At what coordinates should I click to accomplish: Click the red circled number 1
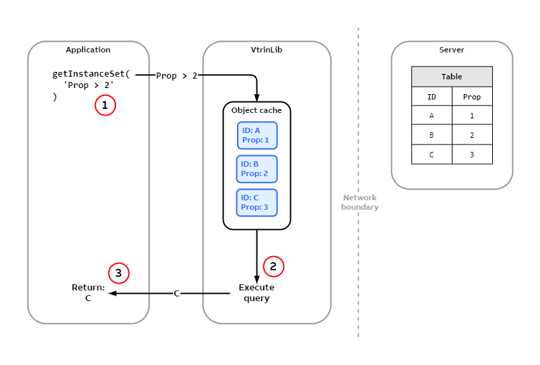(105, 106)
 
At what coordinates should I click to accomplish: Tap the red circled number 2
(273, 266)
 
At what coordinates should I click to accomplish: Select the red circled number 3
(119, 273)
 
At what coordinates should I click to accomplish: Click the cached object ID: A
(257, 135)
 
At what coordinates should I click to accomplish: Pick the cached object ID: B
(257, 169)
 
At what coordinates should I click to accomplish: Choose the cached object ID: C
(257, 202)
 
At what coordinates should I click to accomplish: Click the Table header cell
(452, 77)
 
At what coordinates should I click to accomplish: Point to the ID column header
(432, 97)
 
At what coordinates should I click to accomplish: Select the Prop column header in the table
(472, 97)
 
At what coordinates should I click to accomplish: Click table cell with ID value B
(432, 135)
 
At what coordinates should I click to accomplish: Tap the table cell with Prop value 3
(472, 155)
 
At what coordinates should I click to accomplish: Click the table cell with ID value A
(432, 116)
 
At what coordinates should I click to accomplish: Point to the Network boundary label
(360, 202)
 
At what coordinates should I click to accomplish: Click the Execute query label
(257, 293)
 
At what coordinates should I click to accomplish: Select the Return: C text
(88, 293)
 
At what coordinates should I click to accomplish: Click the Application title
(88, 50)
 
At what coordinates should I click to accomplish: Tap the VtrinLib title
(267, 50)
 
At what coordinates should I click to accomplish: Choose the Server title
(452, 50)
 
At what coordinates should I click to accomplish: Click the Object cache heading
(257, 110)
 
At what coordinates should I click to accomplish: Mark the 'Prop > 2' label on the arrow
(176, 76)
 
